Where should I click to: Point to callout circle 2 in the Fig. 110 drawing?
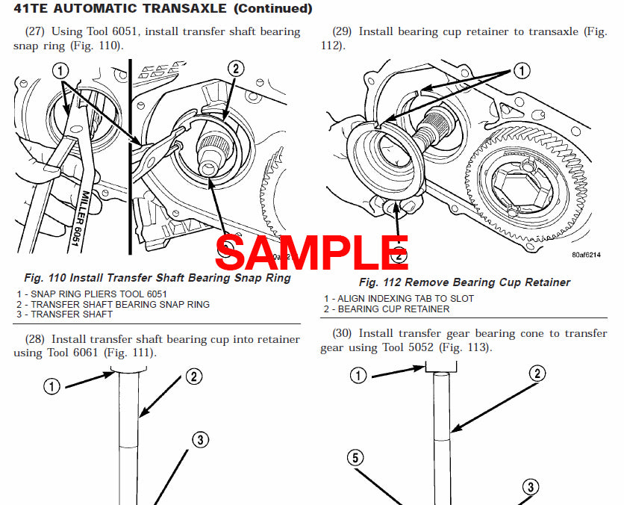click(x=235, y=69)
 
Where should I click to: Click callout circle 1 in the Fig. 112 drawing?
click(x=521, y=71)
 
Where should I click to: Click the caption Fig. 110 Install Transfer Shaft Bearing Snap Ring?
click(x=157, y=278)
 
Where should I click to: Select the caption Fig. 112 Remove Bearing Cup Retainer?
click(x=464, y=282)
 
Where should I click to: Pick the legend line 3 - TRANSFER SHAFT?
click(x=65, y=315)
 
